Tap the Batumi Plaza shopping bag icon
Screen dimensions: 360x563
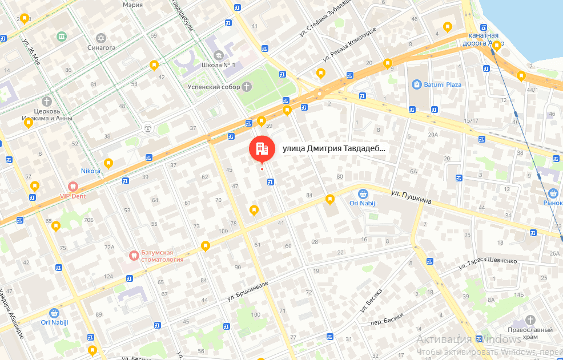417,84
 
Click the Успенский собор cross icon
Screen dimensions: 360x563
246,87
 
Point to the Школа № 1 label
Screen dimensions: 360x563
219,64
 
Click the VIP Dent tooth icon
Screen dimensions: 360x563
73,186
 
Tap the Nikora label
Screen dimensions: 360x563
91,171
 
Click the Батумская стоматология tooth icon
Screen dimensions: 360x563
134,254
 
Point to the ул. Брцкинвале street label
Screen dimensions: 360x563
247,290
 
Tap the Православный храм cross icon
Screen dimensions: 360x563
530,319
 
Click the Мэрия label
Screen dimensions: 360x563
132,4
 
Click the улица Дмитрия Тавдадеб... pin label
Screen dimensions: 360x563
334,149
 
